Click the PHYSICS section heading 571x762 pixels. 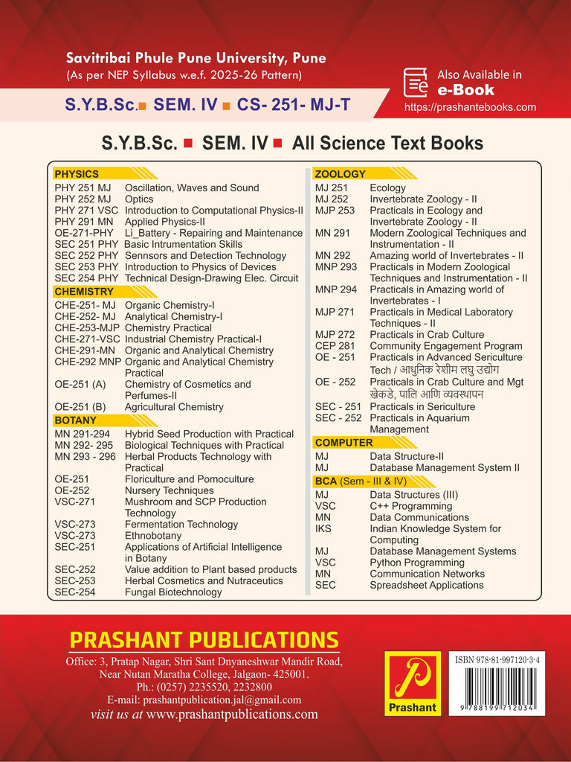click(x=77, y=174)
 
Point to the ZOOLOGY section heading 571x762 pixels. click(x=340, y=174)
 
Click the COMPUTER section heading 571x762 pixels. click(x=343, y=443)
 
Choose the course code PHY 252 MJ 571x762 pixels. click(x=83, y=199)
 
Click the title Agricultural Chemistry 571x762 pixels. click(x=174, y=407)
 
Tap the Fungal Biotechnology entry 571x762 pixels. click(x=172, y=592)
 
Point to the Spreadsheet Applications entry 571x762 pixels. click(x=426, y=586)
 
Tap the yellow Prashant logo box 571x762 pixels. click(x=412, y=683)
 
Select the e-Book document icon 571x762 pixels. click(x=415, y=83)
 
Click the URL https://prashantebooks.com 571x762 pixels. click(x=470, y=107)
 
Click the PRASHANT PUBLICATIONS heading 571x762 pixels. click(x=204, y=640)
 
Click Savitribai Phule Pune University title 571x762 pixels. click(x=196, y=58)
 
